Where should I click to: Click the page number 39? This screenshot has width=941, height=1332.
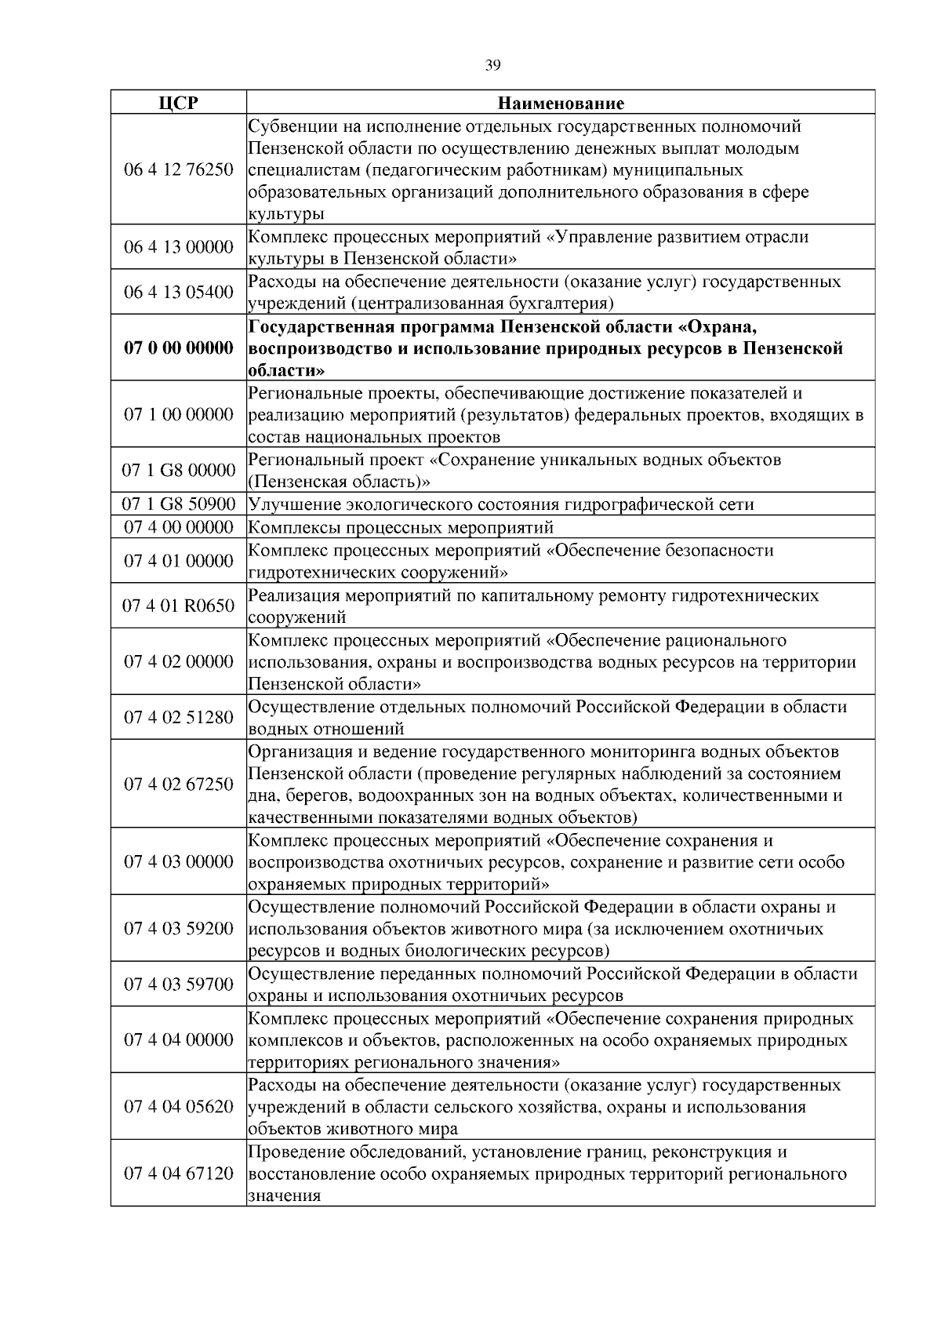coord(492,66)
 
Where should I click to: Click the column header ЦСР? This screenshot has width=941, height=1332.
coord(178,104)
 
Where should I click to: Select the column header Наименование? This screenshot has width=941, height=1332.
coord(561,104)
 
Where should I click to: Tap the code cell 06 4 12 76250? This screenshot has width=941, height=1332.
coord(178,169)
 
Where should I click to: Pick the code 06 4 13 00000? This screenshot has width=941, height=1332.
coord(178,247)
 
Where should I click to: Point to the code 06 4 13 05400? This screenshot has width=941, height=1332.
coord(178,292)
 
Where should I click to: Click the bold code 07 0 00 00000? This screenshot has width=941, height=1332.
coord(178,348)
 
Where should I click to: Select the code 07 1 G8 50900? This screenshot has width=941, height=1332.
coord(178,504)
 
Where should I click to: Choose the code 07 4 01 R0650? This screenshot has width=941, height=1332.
coord(178,606)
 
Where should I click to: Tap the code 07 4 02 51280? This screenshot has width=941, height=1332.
coord(178,717)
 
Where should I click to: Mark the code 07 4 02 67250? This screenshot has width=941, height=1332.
coord(178,784)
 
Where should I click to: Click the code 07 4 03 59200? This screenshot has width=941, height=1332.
coord(178,929)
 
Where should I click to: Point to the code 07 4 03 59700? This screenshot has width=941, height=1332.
coord(178,984)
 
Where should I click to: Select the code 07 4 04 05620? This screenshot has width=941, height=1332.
coord(178,1107)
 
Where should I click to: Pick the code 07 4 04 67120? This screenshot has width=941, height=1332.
coord(178,1174)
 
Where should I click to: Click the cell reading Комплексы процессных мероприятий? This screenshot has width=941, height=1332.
coord(401,527)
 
